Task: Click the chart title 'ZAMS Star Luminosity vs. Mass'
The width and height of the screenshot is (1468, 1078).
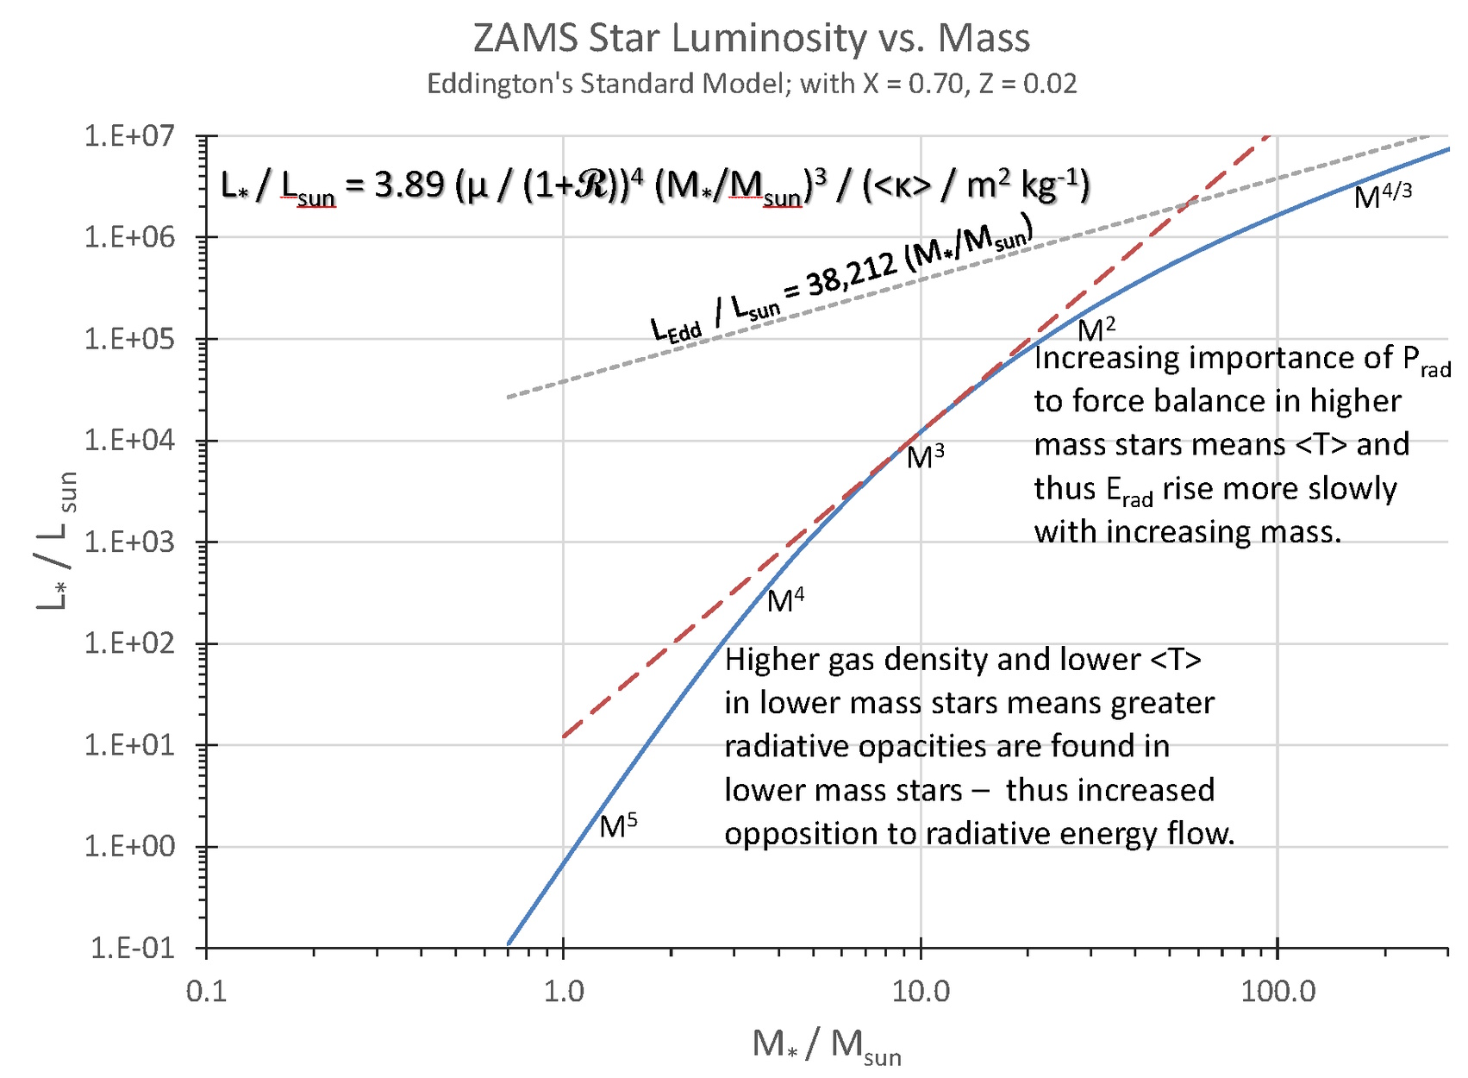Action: (x=751, y=39)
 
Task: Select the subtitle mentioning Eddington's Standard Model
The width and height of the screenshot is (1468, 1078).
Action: (x=751, y=84)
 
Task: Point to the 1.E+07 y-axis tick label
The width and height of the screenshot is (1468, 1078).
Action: (x=128, y=135)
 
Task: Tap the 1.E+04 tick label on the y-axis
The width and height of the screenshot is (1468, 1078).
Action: (x=128, y=441)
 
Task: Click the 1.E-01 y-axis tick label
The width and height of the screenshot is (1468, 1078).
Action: (x=132, y=948)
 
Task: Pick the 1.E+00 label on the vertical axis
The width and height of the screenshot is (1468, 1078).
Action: (x=128, y=846)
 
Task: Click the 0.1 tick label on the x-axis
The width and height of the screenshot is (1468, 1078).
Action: (x=206, y=992)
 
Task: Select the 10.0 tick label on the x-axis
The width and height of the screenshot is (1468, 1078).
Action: (x=921, y=992)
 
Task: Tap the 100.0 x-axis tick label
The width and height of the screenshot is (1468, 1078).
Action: (x=1277, y=992)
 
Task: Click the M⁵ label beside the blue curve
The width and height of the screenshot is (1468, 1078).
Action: (x=618, y=826)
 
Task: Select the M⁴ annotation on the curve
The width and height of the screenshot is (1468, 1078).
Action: (x=785, y=600)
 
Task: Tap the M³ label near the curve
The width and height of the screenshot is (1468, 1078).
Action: (x=925, y=456)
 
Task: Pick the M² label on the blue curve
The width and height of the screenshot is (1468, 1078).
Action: (x=1096, y=329)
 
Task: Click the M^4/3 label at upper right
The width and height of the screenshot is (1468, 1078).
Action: (x=1383, y=197)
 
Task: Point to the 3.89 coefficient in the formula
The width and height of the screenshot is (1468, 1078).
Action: (x=409, y=185)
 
